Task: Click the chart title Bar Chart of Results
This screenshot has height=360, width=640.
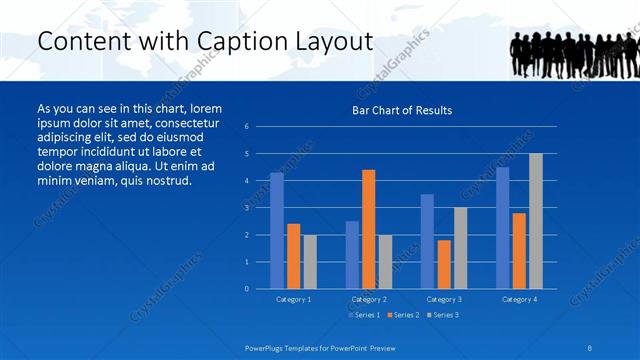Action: click(401, 110)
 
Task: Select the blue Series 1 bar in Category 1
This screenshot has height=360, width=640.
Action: click(277, 231)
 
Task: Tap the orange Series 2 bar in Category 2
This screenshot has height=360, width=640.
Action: click(368, 229)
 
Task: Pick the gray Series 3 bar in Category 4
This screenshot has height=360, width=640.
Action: click(536, 221)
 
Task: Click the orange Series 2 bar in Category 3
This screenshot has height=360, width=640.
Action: click(444, 264)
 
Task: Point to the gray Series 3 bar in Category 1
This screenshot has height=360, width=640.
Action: click(309, 262)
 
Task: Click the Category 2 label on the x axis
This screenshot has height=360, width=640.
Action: click(369, 299)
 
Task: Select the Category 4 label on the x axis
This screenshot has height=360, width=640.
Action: click(519, 299)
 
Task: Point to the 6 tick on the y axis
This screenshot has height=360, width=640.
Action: click(247, 127)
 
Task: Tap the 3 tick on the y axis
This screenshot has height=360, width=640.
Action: click(247, 208)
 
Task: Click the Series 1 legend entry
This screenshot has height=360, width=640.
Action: click(363, 315)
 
